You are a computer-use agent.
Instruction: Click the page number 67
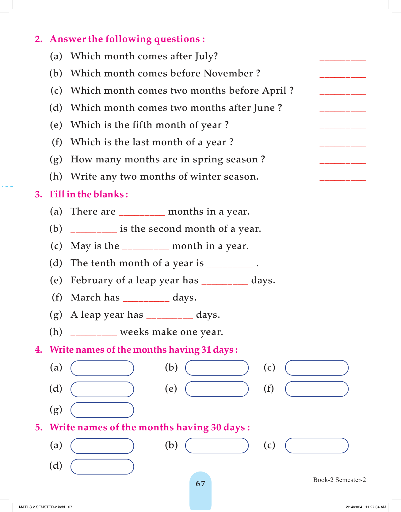(x=200, y=484)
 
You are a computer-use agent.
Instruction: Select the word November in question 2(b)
(x=228, y=73)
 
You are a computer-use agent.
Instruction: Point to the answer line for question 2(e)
(x=342, y=128)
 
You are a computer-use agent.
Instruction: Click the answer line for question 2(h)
(x=342, y=179)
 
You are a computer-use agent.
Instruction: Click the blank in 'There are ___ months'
(x=142, y=214)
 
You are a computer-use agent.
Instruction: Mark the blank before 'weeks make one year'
(x=94, y=335)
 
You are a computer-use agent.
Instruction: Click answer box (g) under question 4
(x=102, y=410)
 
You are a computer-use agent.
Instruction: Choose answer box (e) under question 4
(x=217, y=389)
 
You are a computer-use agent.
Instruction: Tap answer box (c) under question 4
(x=317, y=368)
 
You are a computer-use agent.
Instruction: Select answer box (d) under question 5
(x=102, y=467)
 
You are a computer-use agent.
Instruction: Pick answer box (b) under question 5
(x=217, y=446)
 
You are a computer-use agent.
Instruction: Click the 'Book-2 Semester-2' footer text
(x=339, y=480)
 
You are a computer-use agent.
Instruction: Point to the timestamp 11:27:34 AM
(x=376, y=507)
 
